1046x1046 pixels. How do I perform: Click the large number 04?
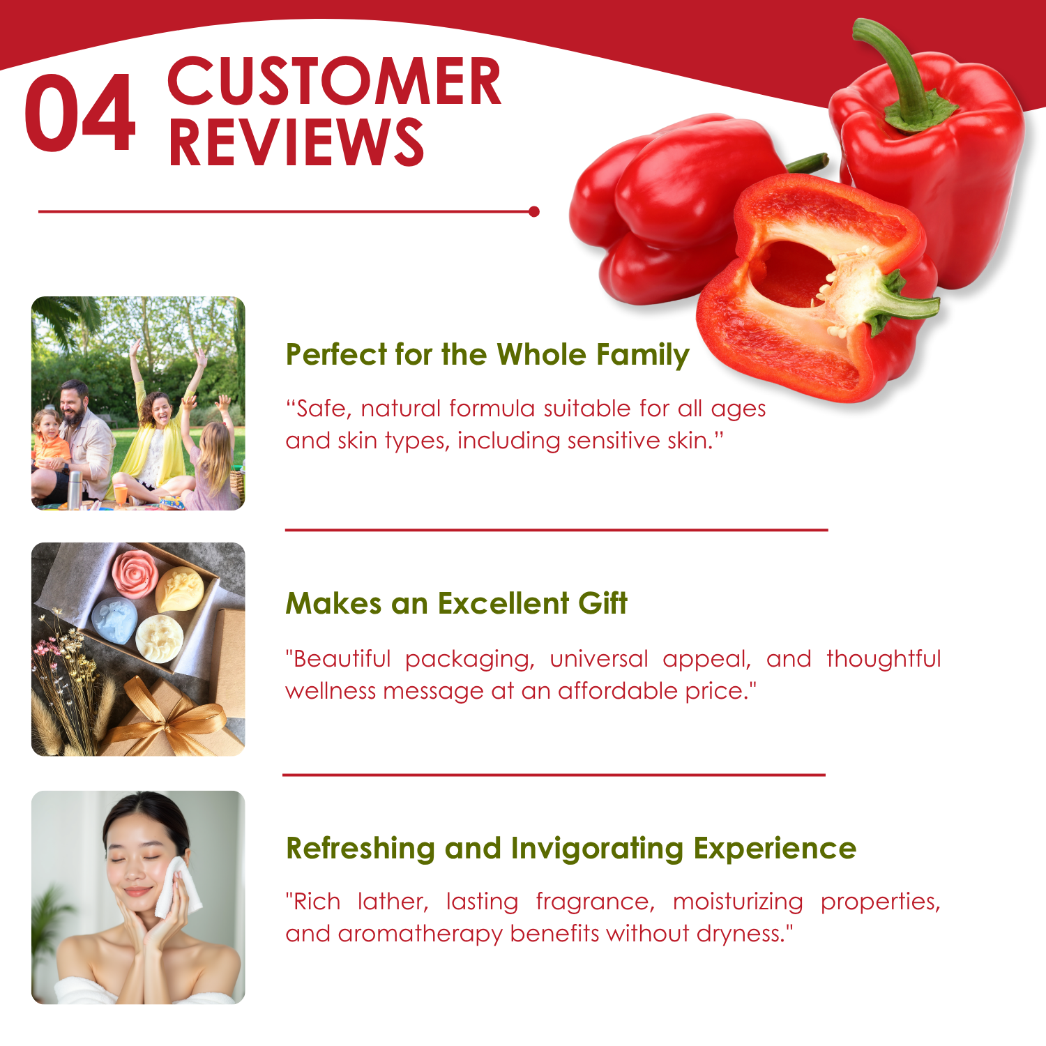80,113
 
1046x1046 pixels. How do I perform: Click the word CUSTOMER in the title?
335,82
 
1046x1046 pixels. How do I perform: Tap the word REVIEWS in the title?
296,142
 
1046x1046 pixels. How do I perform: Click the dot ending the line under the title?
534,211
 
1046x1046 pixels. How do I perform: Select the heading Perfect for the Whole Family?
487,354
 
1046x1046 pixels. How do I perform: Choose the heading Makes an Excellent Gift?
457,603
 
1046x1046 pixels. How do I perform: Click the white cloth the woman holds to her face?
176,887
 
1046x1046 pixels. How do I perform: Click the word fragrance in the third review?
596,902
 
